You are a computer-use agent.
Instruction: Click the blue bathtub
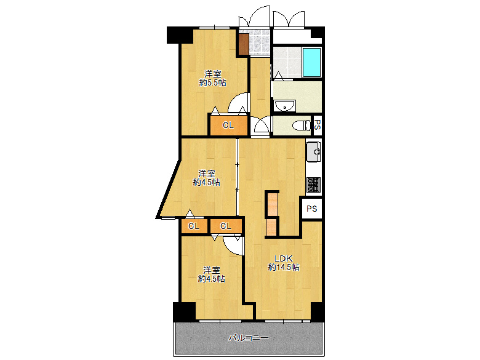click(311, 62)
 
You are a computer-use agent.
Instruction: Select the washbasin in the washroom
click(285, 106)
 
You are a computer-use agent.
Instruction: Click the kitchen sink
click(313, 151)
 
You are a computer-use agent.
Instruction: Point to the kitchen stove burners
click(313, 185)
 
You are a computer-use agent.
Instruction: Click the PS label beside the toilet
click(318, 125)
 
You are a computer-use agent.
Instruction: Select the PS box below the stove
click(311, 209)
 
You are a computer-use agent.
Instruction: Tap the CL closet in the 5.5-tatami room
click(228, 125)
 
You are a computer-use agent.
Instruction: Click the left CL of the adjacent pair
click(194, 226)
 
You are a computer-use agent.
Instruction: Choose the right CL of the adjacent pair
click(226, 226)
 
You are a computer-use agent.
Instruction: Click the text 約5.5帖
click(213, 82)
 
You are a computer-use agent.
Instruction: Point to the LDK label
click(283, 258)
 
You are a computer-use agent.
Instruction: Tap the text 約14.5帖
click(284, 267)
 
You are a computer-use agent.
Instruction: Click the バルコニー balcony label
click(249, 338)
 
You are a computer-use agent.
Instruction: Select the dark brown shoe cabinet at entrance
click(243, 44)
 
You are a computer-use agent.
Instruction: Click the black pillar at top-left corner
click(180, 35)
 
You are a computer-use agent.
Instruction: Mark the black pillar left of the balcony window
click(184, 311)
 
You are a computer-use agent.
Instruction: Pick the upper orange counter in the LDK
click(272, 204)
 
